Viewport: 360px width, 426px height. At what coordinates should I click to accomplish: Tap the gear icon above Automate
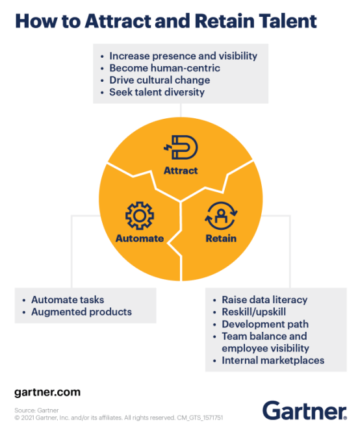pos(140,216)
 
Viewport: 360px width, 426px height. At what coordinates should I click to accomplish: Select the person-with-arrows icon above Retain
pos(221,216)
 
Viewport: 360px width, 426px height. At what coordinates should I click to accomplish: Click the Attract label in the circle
pos(181,171)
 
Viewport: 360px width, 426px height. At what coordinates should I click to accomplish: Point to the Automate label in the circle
pos(140,238)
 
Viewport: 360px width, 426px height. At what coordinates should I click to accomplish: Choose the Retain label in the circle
pos(221,238)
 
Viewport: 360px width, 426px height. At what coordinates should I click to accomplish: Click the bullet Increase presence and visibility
pos(183,56)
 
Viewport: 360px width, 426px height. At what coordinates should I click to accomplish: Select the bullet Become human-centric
pos(165,68)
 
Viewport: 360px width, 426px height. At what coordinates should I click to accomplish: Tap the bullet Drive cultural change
pos(160,80)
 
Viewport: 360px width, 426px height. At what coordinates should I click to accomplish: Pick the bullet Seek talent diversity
pos(157,92)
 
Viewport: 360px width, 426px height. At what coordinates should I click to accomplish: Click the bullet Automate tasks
pos(68,299)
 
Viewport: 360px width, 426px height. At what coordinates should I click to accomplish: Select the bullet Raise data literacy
pos(264,299)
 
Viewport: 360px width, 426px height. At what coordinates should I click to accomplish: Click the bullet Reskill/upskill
pos(253,312)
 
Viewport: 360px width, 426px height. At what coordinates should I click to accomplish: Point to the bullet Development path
pos(265,324)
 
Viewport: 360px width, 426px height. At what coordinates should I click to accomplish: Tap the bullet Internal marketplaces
pos(273,360)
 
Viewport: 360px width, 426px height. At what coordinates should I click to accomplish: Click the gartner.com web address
pos(47,393)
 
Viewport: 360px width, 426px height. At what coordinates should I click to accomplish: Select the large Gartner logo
pos(305,410)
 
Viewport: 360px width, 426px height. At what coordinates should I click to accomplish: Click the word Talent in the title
pos(287,21)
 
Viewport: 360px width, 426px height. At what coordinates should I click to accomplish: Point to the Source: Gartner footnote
pos(36,410)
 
